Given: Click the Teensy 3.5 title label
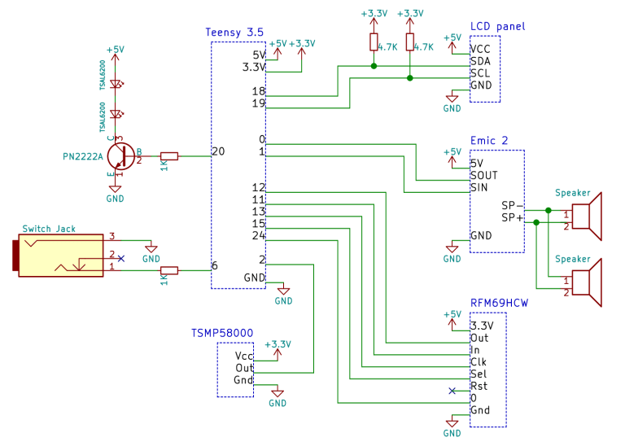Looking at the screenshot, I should point(234,32).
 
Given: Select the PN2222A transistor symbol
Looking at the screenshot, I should point(120,155).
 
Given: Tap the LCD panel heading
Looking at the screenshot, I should point(497,27).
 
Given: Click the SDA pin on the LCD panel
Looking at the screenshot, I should point(479,60).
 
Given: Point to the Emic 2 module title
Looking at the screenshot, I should point(489,141).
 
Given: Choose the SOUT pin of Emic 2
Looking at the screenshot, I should point(483,175).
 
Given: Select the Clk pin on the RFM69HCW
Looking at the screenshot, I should point(479,361).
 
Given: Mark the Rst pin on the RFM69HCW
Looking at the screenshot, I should point(479,386).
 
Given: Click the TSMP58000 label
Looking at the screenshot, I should point(222,333).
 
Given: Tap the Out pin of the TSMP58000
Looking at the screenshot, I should point(244,368).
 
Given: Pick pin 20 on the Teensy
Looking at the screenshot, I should point(218,151).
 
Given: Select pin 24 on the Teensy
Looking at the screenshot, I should point(259,235).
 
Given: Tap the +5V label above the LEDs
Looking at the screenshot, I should point(116,50).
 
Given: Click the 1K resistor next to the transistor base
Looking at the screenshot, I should point(169,155).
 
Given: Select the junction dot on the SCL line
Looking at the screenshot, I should point(409,78).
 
